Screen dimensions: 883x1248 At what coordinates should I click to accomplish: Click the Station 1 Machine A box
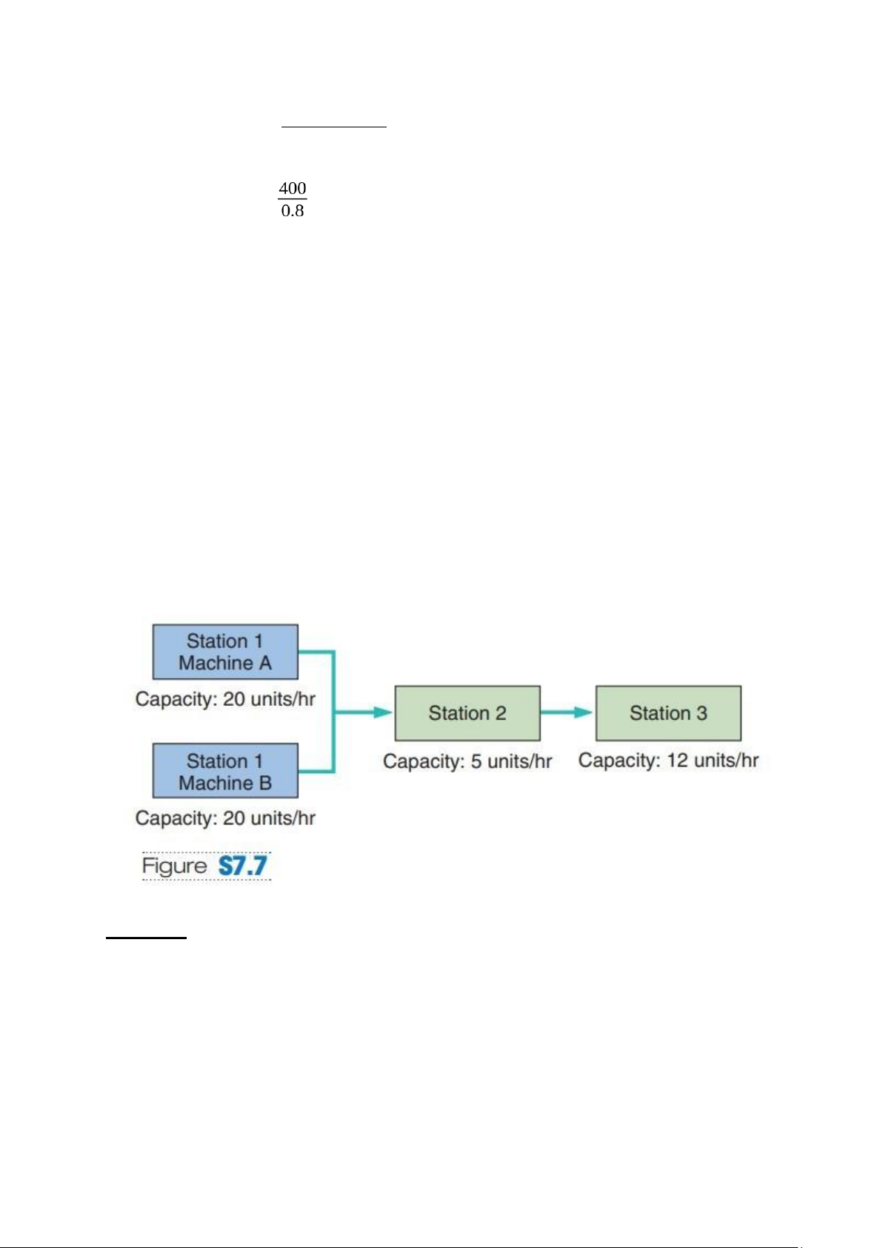click(225, 651)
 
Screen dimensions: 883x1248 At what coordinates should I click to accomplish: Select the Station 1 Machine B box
click(225, 770)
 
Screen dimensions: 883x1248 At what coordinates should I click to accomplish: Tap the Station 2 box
click(467, 713)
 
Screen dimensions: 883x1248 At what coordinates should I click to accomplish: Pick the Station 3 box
click(668, 713)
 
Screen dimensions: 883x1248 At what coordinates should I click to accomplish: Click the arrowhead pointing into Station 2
click(383, 712)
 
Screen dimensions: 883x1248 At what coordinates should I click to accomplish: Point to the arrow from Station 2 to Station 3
click(566, 712)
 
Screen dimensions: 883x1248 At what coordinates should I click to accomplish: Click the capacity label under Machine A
click(225, 698)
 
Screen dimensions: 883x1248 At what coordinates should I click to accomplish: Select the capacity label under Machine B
click(225, 818)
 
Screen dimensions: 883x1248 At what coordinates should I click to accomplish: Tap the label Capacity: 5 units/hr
click(467, 761)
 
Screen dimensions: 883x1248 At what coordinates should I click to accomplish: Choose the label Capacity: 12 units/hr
click(668, 760)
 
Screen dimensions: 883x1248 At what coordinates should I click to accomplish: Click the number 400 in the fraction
click(293, 188)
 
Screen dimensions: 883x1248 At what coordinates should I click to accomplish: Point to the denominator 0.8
click(293, 210)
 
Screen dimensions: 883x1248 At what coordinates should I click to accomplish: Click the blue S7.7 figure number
click(243, 866)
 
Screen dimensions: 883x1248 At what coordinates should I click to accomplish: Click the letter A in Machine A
click(264, 663)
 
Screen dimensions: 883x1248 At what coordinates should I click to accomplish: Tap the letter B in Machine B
click(265, 783)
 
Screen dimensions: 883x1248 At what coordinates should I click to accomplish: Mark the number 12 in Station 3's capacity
click(678, 759)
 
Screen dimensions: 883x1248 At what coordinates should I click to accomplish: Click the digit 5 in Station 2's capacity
click(476, 761)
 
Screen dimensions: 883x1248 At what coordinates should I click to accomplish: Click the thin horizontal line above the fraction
click(333, 127)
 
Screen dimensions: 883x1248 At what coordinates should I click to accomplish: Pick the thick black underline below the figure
click(146, 938)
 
